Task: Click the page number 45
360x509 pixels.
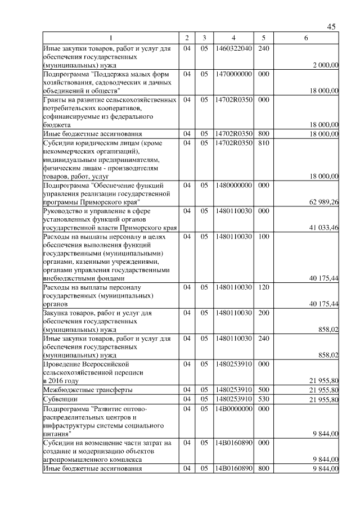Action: click(x=331, y=27)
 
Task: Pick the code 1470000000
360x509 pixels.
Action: click(x=233, y=74)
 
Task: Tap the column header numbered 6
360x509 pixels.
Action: click(x=305, y=38)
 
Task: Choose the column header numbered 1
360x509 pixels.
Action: click(x=110, y=38)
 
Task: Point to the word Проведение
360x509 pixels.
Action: click(x=63, y=364)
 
